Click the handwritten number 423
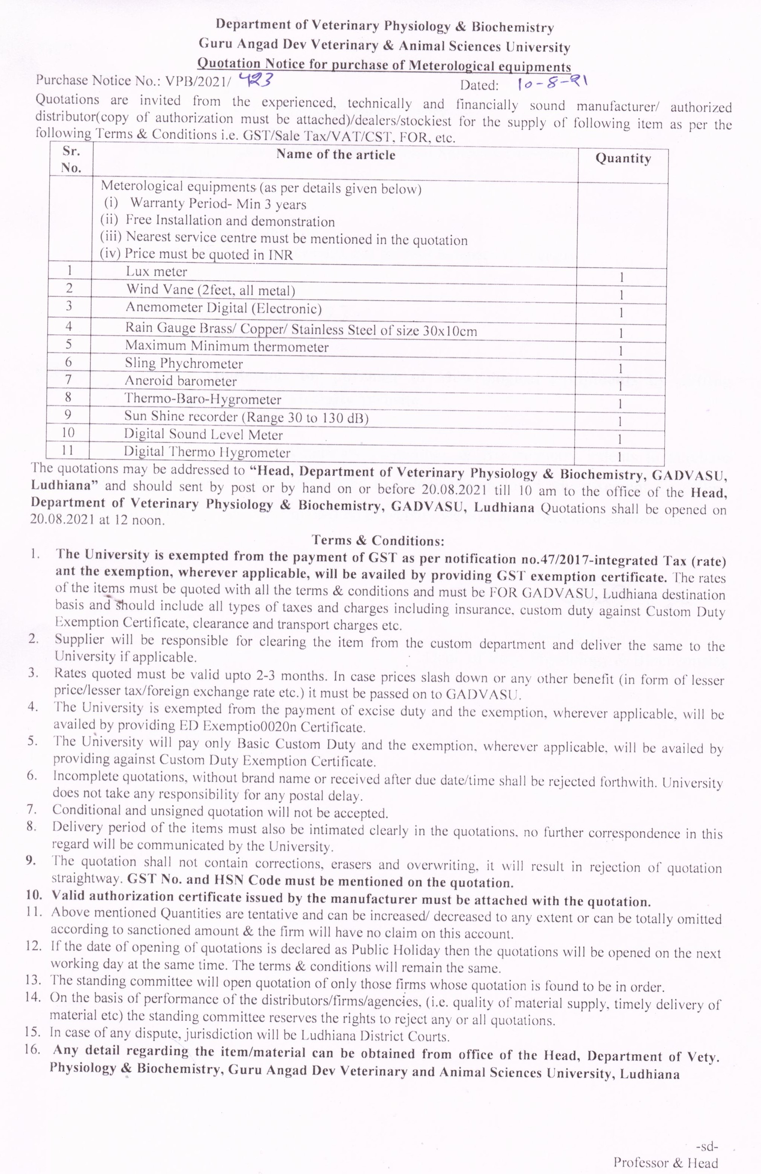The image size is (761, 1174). pos(254,80)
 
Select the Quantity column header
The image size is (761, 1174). pos(623,159)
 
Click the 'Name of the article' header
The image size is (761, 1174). pos(335,155)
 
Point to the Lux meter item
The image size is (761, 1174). pos(156,271)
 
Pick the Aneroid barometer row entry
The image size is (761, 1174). pos(181,381)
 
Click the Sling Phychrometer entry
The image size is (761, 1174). pos(183,364)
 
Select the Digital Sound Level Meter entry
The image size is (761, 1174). pos(203,435)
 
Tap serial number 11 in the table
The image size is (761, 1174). pos(68,450)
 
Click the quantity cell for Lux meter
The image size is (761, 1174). pos(622,278)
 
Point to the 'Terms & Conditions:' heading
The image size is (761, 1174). pos(378,541)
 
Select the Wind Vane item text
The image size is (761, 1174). pos(210,289)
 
